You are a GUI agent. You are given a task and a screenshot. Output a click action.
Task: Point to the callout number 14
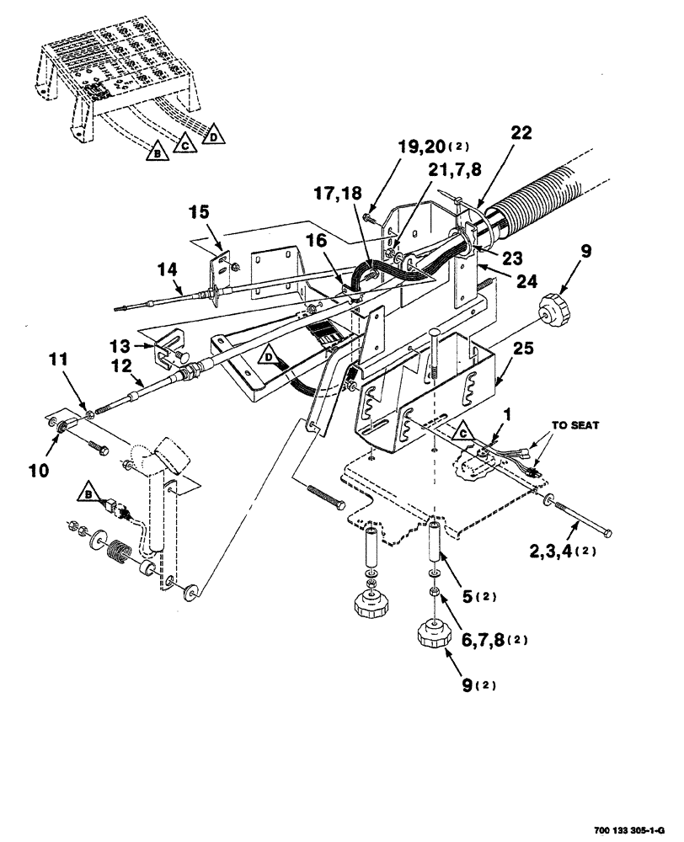click(167, 269)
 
